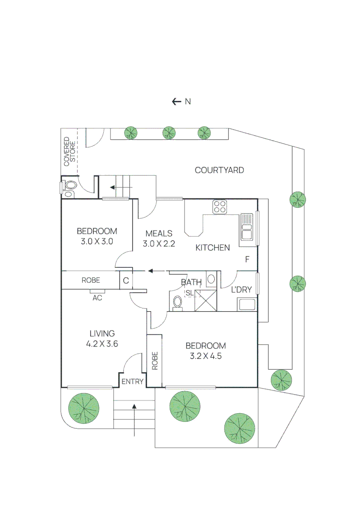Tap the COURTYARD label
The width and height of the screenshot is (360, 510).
point(219,170)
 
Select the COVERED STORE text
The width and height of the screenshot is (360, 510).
point(69,152)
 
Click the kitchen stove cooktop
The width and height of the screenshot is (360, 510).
point(220,207)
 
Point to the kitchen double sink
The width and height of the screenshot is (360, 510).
point(247,227)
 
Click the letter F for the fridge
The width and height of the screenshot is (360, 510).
point(247,259)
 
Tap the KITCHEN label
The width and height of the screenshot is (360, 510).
point(212,248)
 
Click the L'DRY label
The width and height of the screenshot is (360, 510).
point(242,289)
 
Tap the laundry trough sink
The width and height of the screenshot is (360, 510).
point(247,305)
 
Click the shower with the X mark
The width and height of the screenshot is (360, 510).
point(206,300)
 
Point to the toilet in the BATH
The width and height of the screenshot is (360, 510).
point(177,303)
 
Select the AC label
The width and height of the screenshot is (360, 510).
point(97,297)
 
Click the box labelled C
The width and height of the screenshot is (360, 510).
point(126,280)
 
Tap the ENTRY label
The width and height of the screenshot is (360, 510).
point(133,382)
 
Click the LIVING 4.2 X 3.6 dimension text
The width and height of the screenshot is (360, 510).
point(102,339)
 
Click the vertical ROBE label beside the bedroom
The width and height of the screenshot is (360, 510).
point(155,360)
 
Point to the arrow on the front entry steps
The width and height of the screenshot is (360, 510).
point(134,420)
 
